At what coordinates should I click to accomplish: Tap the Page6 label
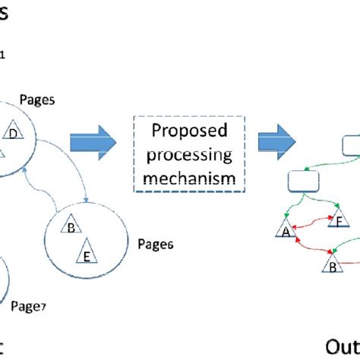156,244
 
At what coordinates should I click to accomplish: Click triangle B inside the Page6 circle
71,228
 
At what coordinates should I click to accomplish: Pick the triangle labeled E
87,255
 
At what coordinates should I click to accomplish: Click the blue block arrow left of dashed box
92,142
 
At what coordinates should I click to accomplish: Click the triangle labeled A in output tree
286,232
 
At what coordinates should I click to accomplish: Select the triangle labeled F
338,223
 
